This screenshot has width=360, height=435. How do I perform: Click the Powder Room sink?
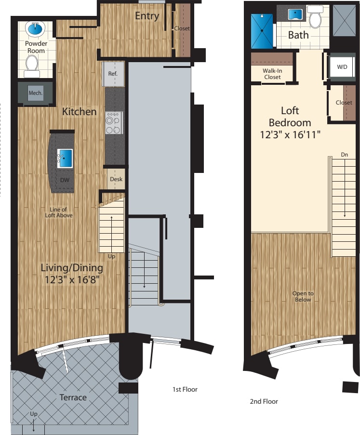pyautogui.click(x=35, y=29)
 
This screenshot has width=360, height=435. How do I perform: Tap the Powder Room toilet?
pyautogui.click(x=32, y=65)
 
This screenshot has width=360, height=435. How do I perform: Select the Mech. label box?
pyautogui.click(x=35, y=92)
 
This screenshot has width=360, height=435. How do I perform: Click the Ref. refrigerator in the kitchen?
pyautogui.click(x=113, y=74)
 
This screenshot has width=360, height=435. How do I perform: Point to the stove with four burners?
pyautogui.click(x=114, y=123)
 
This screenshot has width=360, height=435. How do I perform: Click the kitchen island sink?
pyautogui.click(x=65, y=157)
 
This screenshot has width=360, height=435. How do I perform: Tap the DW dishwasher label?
pyautogui.click(x=64, y=180)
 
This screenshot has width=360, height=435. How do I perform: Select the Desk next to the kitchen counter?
pyautogui.click(x=116, y=179)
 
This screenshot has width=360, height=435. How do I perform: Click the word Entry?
pyautogui.click(x=147, y=16)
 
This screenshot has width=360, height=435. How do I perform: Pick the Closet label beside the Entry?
pyautogui.click(x=182, y=28)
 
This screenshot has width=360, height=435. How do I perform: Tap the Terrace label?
pyautogui.click(x=73, y=397)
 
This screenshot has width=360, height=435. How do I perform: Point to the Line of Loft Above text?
pyautogui.click(x=61, y=212)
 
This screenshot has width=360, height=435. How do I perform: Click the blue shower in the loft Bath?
pyautogui.click(x=262, y=30)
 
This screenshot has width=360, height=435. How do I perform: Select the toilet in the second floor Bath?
pyautogui.click(x=315, y=18)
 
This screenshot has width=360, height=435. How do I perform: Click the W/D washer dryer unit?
pyautogui.click(x=342, y=67)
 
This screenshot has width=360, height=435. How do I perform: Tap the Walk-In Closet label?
pyautogui.click(x=272, y=74)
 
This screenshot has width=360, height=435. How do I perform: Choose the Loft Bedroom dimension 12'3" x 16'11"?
pyautogui.click(x=289, y=134)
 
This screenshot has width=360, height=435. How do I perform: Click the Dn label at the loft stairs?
pyautogui.click(x=344, y=155)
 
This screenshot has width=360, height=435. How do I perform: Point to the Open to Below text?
pyautogui.click(x=303, y=296)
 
